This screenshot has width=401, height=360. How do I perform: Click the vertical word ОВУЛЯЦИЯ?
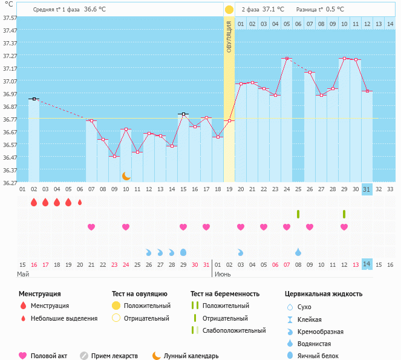pos(229,37)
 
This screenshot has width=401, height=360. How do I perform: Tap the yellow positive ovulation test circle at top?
pos(229,10)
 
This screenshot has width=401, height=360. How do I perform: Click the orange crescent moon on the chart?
pos(126,175)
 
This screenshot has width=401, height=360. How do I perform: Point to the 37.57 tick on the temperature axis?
pos(10,18)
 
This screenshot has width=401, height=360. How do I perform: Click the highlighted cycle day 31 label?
pos(367,189)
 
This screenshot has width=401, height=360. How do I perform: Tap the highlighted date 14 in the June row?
pos(367,264)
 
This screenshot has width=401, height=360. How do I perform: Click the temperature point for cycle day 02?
pos(34,99)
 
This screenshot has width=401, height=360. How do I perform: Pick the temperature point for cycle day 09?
pos(114,156)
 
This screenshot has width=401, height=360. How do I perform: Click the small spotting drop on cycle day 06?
pos(80,202)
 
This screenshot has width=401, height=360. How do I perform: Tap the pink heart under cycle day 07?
pos(91,227)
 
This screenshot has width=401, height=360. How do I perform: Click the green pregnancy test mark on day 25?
pos(298,214)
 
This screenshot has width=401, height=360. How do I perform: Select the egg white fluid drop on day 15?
pos(183,252)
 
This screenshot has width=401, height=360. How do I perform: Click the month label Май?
pos(23,274)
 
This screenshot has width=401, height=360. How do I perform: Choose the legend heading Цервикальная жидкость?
pos(324,294)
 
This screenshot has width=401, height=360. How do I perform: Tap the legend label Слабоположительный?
pos(235,330)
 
